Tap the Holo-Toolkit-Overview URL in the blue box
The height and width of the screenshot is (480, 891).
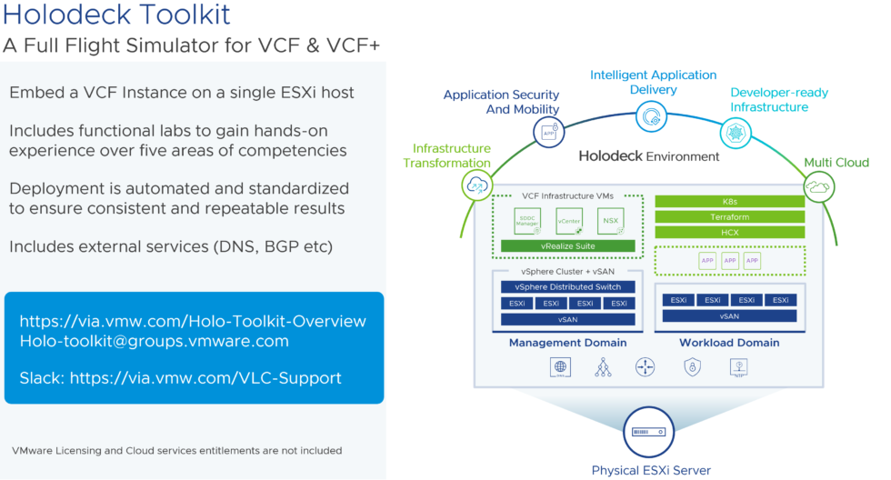click(193, 321)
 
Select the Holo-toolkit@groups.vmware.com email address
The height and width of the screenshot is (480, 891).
click(154, 341)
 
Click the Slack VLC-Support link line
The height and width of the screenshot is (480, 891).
click(180, 378)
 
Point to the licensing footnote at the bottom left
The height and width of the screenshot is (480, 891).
click(176, 450)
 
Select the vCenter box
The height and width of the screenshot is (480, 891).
click(569, 221)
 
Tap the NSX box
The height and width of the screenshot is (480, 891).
click(610, 221)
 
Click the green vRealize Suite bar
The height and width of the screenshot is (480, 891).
click(567, 246)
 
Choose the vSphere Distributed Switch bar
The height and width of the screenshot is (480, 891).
click(567, 286)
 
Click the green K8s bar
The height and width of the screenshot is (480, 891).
click(729, 201)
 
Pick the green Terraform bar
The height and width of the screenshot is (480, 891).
click(729, 217)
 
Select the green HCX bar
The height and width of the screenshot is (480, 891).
click(729, 233)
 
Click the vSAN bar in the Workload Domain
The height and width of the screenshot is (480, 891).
click(729, 316)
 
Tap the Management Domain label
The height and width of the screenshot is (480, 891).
click(567, 343)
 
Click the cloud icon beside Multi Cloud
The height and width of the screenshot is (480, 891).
click(818, 186)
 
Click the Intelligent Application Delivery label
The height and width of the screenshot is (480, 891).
click(653, 82)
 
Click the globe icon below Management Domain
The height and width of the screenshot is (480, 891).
click(561, 367)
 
